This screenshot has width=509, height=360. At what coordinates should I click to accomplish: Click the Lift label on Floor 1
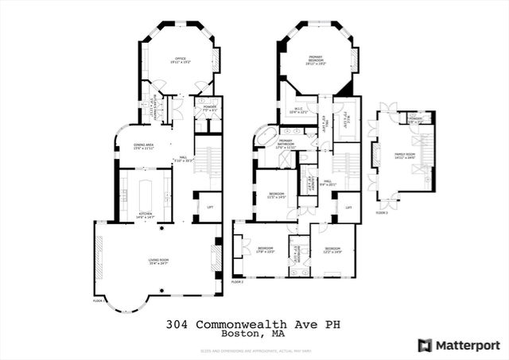click(x=209, y=207)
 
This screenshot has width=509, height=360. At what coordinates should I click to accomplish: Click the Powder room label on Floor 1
click(x=209, y=106)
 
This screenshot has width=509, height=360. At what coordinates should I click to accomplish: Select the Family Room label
click(x=404, y=157)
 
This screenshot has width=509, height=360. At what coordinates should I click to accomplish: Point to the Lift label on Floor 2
click(x=348, y=207)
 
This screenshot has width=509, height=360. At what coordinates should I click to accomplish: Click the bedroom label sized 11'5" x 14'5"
click(x=275, y=195)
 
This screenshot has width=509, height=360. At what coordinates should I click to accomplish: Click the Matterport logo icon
click(x=425, y=344)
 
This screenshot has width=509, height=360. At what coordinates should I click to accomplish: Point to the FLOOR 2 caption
click(x=237, y=282)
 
